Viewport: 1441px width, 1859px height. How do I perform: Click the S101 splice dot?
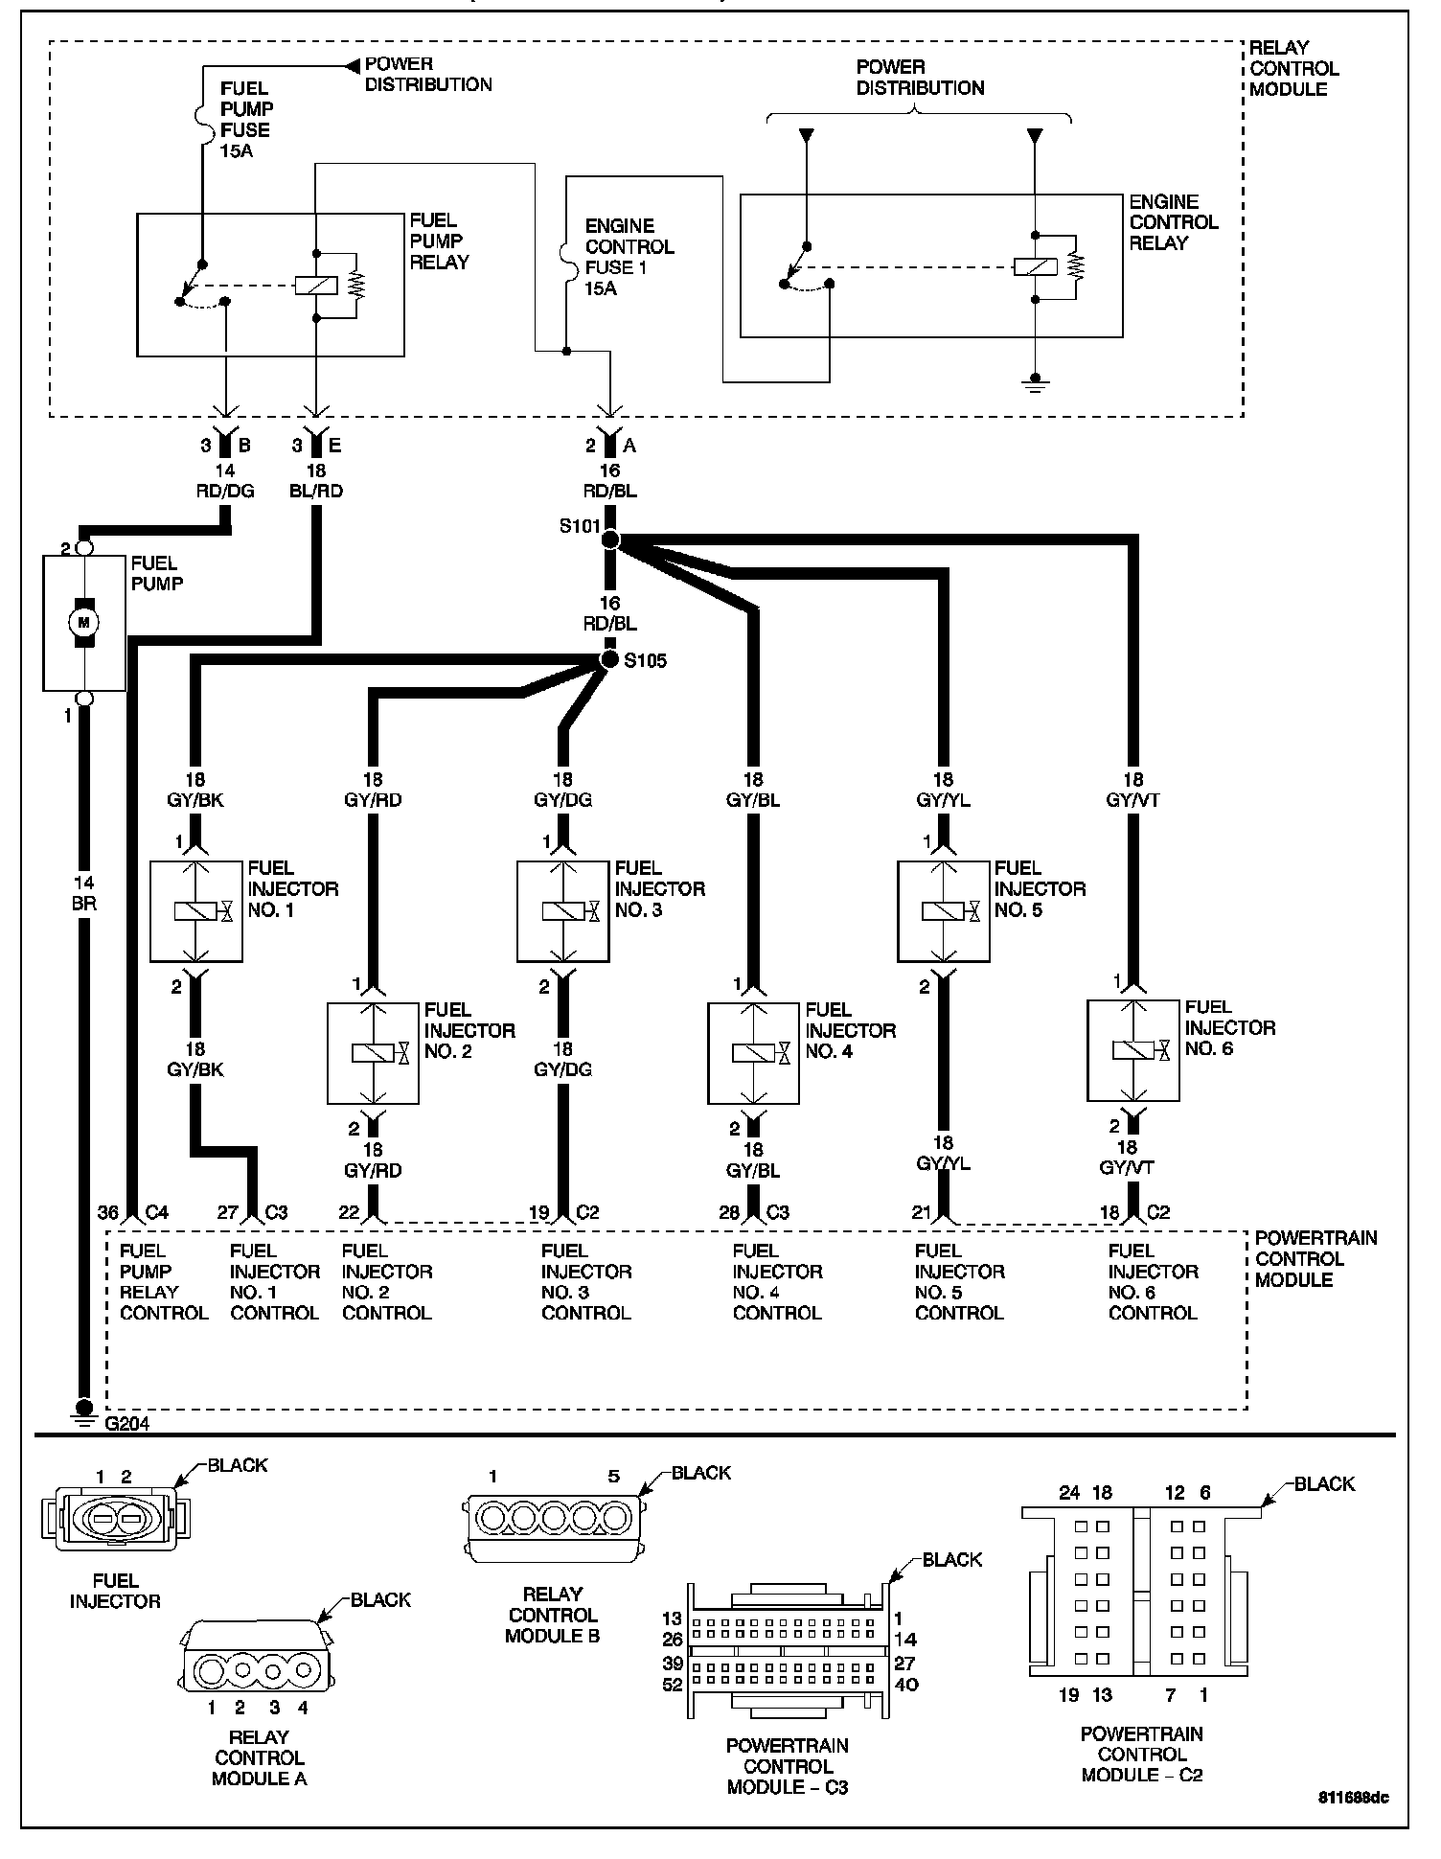click(610, 540)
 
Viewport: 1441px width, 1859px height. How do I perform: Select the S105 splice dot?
click(609, 659)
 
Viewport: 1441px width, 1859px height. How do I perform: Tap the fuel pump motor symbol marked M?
click(83, 623)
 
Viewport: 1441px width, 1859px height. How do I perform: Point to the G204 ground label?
click(126, 1424)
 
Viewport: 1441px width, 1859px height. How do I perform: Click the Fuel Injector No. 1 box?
click(195, 911)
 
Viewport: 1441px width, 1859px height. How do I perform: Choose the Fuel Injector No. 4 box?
click(754, 1053)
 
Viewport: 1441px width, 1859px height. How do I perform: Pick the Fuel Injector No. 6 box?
click(1132, 1051)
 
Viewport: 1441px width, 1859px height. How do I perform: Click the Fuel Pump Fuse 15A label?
click(245, 120)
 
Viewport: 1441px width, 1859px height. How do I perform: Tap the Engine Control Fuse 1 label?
click(629, 257)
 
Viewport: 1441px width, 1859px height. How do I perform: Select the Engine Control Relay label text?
click(1173, 222)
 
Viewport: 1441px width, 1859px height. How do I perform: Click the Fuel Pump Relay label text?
click(439, 241)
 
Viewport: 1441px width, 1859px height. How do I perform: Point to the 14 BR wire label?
click(83, 893)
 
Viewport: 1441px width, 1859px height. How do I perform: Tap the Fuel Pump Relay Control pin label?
click(163, 1281)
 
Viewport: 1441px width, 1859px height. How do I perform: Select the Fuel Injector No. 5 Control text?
click(959, 1281)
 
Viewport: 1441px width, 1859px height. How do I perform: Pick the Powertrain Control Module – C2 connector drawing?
click(1141, 1591)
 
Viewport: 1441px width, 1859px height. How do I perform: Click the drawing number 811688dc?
click(1352, 1798)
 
